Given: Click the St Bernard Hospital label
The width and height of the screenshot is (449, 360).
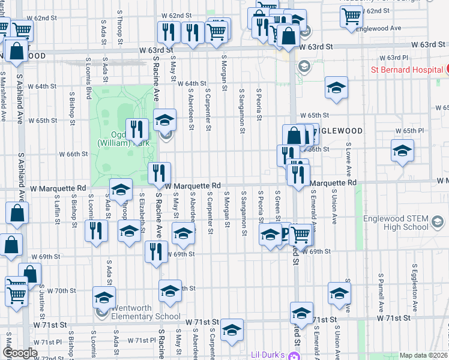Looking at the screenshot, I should click(x=406, y=70).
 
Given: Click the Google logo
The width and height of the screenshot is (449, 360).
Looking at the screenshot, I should click(x=20, y=353).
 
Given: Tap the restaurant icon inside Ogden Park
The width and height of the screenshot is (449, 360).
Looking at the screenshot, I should click(x=137, y=128).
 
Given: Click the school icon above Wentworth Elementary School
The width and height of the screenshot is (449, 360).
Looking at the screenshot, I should click(x=104, y=298).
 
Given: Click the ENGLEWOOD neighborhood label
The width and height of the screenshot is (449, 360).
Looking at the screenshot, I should click(x=339, y=131).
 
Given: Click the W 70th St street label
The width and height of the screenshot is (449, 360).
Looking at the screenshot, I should click(x=63, y=290).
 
